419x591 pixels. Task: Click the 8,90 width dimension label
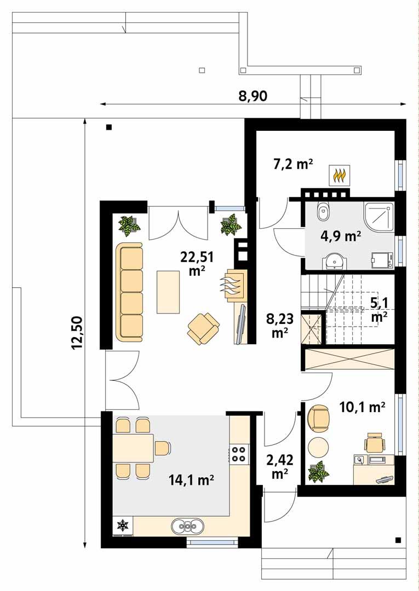pyautogui.click(x=252, y=97)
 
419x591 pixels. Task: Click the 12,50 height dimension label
pyautogui.click(x=76, y=333)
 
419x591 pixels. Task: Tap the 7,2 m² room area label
pyautogui.click(x=292, y=163)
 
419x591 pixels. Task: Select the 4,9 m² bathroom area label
pyautogui.click(x=340, y=236)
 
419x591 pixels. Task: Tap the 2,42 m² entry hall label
pyautogui.click(x=279, y=467)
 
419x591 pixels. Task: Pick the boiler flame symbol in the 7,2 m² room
pyautogui.click(x=340, y=175)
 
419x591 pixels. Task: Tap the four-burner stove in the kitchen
pyautogui.click(x=238, y=453)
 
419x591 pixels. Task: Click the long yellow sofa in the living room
pyautogui.click(x=129, y=292)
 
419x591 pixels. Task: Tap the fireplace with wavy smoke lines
pyautogui.click(x=232, y=285)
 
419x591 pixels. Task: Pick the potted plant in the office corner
pyautogui.click(x=317, y=472)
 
